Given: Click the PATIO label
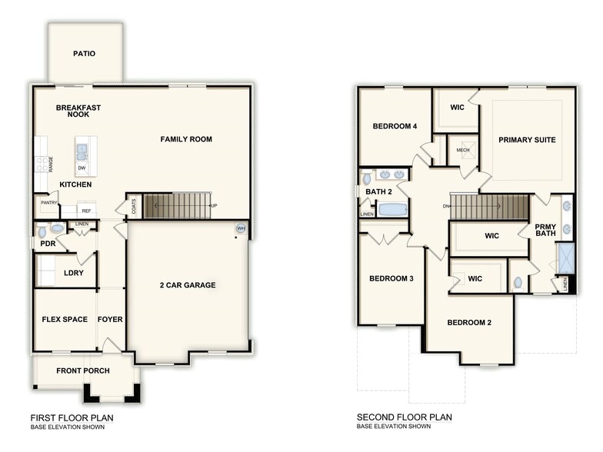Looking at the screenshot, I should click(x=85, y=54).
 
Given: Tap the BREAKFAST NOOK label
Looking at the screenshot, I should click(x=78, y=111).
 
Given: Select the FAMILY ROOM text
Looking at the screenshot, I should click(x=186, y=139).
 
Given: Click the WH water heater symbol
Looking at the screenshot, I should click(x=241, y=228).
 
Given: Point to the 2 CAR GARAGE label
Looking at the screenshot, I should click(x=188, y=285).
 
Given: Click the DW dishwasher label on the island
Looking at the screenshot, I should click(x=82, y=168).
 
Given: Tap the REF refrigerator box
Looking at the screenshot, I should click(x=86, y=210).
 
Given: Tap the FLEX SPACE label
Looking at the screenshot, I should click(x=65, y=319).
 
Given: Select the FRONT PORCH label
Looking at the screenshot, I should click(x=83, y=371).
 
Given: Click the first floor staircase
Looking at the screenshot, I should click(x=177, y=206).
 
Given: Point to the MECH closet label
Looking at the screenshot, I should click(x=463, y=150).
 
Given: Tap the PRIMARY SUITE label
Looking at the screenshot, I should click(x=527, y=140).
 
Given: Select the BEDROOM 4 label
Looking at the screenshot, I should click(x=395, y=126).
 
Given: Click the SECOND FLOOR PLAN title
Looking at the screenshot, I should click(x=404, y=417).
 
